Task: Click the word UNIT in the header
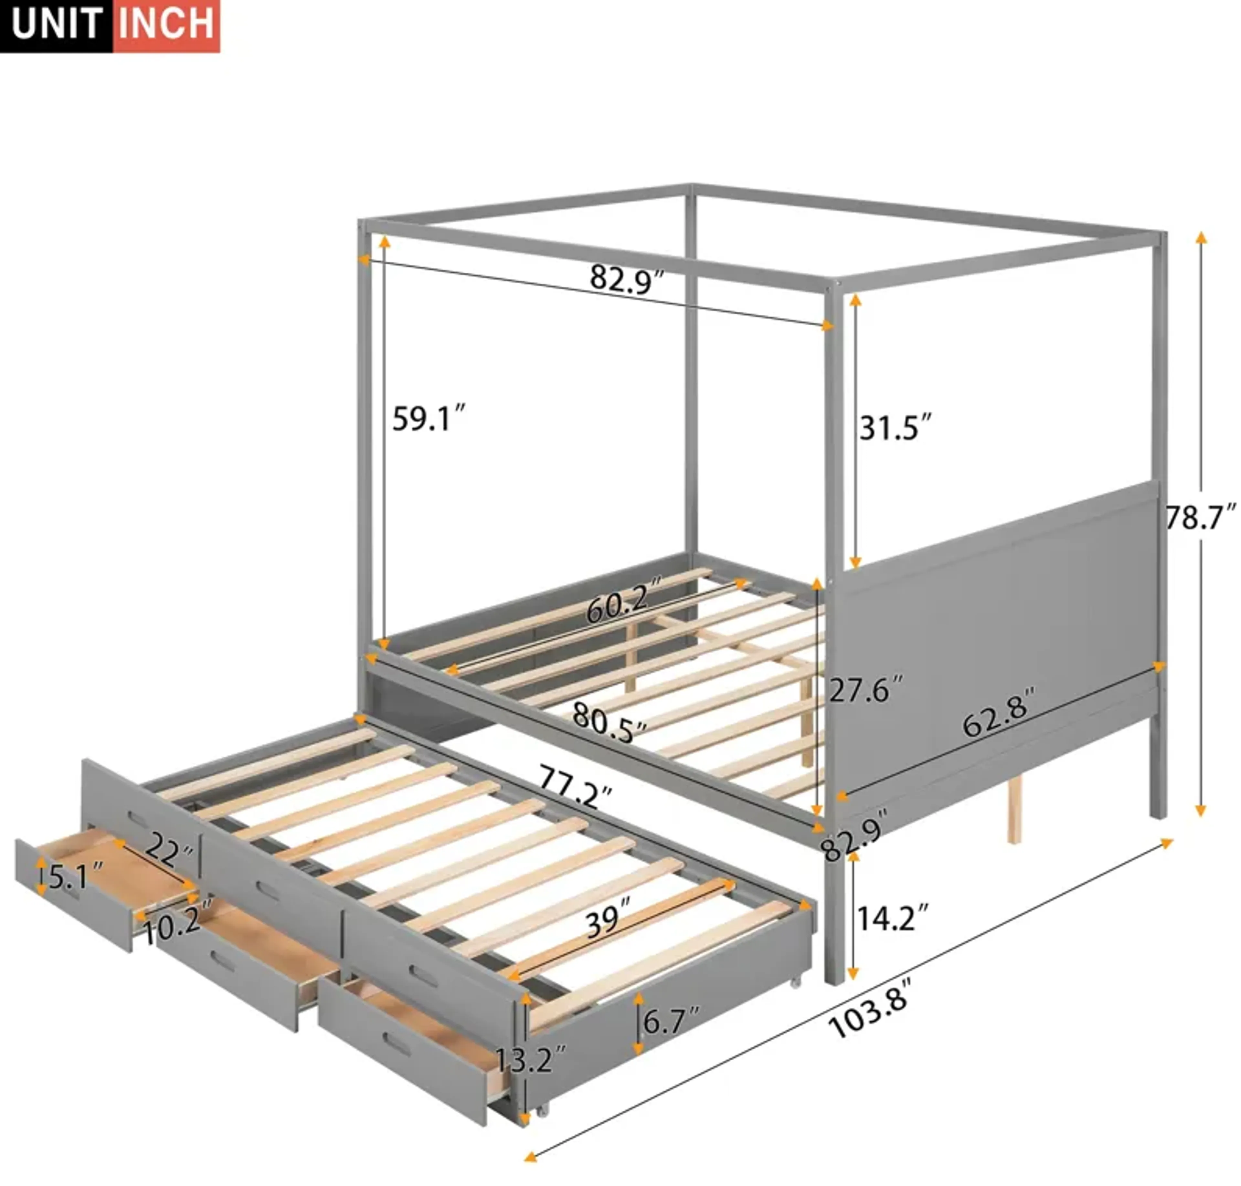[x=57, y=24]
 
